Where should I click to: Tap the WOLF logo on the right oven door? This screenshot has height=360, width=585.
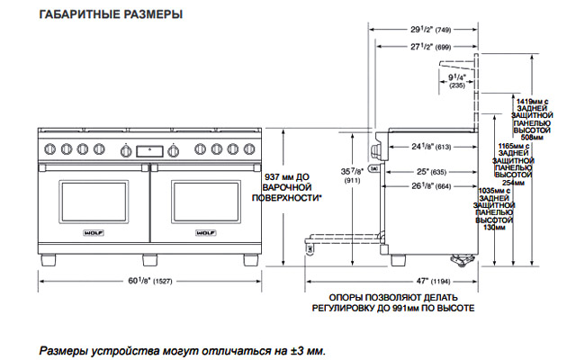(202, 235)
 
